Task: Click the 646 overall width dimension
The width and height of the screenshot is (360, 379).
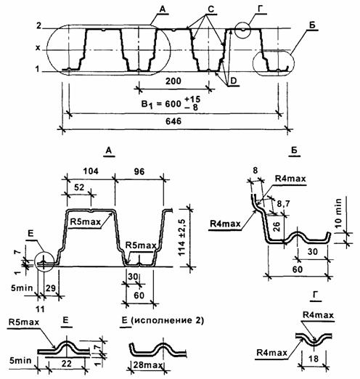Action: tap(173, 121)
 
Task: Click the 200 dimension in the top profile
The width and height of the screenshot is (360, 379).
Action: tap(173, 81)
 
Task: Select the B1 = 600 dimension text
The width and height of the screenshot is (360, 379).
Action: tap(171, 104)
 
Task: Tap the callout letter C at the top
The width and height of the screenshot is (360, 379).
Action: tap(211, 9)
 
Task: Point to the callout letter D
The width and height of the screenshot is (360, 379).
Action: tap(234, 81)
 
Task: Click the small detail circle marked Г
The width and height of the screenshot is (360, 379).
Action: tap(242, 30)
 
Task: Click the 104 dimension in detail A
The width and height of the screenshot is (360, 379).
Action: tap(91, 171)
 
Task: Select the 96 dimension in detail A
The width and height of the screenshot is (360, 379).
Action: tap(139, 171)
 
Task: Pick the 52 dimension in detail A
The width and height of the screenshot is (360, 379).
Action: tap(79, 187)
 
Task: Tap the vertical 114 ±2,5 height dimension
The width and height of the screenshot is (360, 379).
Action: tap(181, 237)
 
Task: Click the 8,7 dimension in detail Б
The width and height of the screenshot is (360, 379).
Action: tap(283, 204)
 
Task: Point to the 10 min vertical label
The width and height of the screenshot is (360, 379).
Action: tap(338, 213)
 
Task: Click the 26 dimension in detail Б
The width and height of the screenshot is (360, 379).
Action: tap(276, 227)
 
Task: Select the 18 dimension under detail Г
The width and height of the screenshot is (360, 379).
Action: tap(314, 358)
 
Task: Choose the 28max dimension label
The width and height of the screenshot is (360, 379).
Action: tap(148, 364)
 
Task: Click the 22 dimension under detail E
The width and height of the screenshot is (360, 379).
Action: tap(67, 363)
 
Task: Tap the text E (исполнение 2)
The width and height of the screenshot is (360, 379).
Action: tap(163, 321)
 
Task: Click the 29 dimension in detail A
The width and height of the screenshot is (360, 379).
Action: tap(51, 288)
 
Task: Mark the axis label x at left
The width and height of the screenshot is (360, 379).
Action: tap(38, 48)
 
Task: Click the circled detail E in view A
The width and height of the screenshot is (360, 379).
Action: tap(44, 263)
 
